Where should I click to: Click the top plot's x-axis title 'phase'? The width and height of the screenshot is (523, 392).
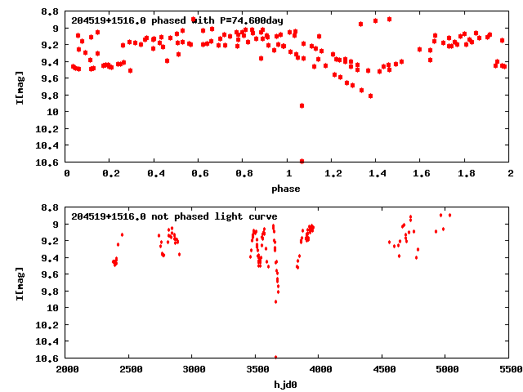pyautogui.click(x=286, y=189)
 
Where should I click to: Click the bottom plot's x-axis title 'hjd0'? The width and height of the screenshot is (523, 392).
pyautogui.click(x=286, y=385)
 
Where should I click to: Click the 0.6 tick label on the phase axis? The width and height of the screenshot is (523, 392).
pyautogui.click(x=199, y=173)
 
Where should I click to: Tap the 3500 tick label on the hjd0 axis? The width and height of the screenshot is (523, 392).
pyautogui.click(x=256, y=369)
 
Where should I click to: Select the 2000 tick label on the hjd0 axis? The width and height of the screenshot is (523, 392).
pyautogui.click(x=66, y=369)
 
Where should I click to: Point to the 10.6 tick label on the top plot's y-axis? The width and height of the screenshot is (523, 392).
pyautogui.click(x=46, y=162)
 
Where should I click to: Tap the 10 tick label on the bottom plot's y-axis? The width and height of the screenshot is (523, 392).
pyautogui.click(x=51, y=308)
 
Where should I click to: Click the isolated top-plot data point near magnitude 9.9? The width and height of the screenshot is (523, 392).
pyautogui.click(x=302, y=105)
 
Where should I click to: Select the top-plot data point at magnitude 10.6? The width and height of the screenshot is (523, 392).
pyautogui.click(x=302, y=161)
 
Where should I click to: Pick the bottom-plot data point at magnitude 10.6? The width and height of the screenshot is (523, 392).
pyautogui.click(x=275, y=357)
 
